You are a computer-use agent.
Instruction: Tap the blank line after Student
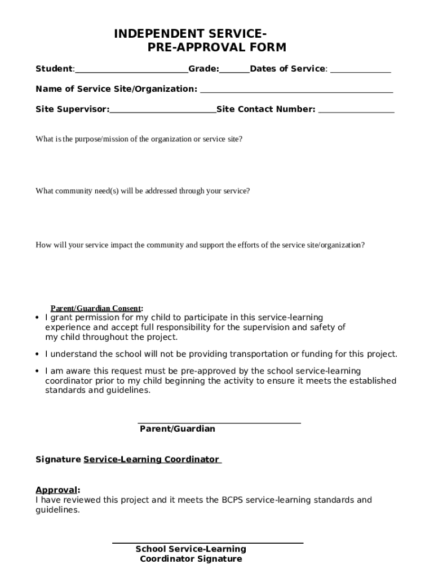[x=131, y=71]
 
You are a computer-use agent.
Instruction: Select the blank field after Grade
[x=234, y=71]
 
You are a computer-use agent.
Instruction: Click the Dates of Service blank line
[x=360, y=71]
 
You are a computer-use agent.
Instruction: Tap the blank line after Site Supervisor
[x=163, y=112]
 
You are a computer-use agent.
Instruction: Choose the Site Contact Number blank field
[x=356, y=112]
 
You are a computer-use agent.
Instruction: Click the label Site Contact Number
[x=265, y=109]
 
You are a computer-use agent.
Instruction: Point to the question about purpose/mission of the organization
[x=139, y=139]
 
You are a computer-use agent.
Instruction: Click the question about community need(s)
[x=143, y=191]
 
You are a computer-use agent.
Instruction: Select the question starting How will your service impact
[x=200, y=245]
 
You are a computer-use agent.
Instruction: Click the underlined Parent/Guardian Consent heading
[x=96, y=308]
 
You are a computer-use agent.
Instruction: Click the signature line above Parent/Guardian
[x=219, y=423]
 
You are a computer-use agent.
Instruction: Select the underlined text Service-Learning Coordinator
[x=152, y=460]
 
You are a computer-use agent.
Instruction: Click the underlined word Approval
[x=56, y=490]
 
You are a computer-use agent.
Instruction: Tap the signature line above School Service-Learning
[x=207, y=543]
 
